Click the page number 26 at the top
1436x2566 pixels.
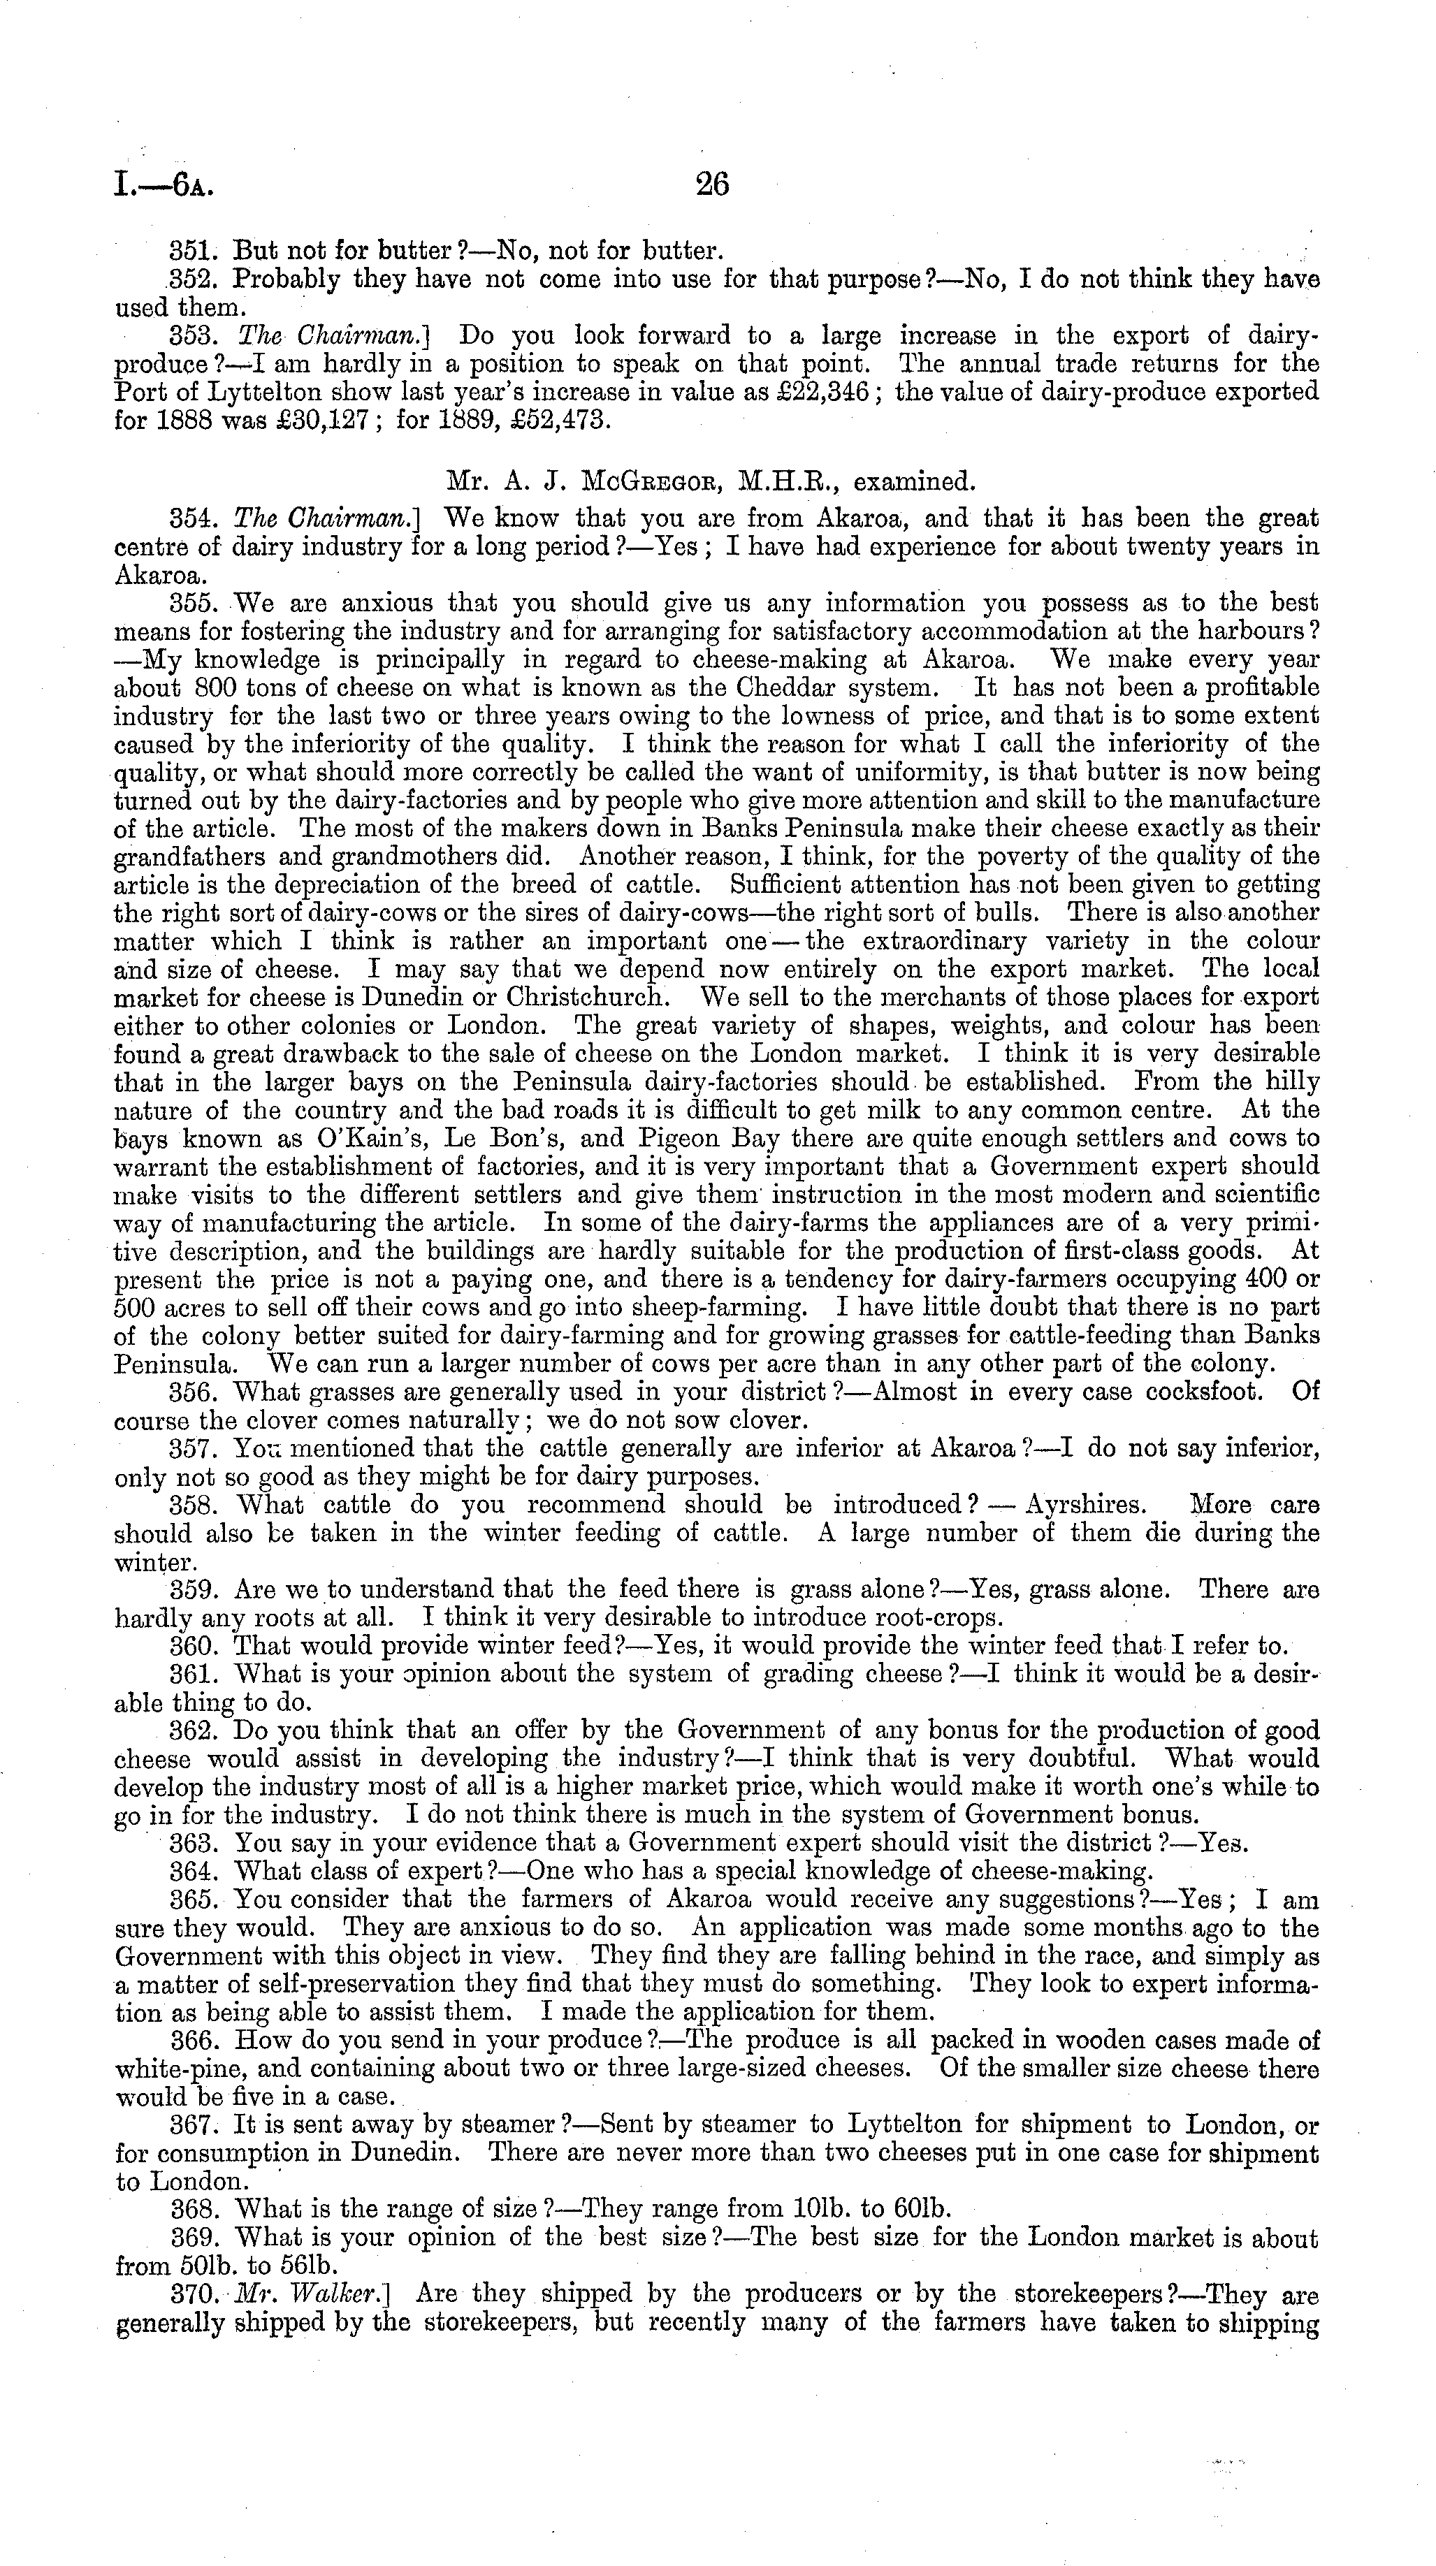pos(713,185)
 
